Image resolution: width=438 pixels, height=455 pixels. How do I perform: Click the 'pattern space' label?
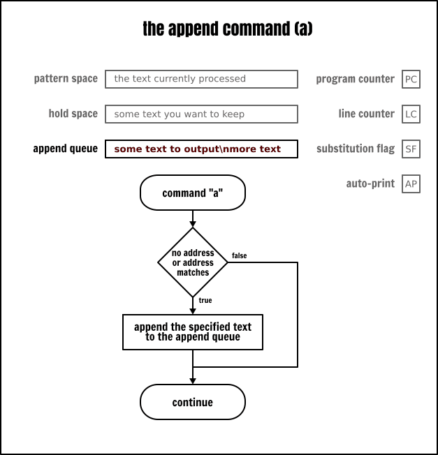tap(66, 79)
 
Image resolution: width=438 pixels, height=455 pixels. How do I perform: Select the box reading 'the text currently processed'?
tap(201, 79)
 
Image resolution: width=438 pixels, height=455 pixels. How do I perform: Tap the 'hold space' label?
tap(73, 114)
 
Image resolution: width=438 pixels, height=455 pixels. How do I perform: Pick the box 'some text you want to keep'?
tap(201, 114)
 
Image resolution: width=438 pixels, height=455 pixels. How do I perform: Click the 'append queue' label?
tap(65, 149)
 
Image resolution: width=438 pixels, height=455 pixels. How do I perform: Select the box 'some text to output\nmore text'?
tap(201, 149)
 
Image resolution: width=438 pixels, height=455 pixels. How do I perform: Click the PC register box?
tap(411, 79)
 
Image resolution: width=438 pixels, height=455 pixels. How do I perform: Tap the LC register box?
tap(411, 114)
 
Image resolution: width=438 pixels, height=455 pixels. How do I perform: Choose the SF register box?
tap(411, 149)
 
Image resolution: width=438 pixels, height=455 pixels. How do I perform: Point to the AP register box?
tap(411, 184)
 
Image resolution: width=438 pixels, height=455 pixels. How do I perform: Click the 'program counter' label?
tap(355, 79)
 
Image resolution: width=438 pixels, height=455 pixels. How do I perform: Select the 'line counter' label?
tap(366, 114)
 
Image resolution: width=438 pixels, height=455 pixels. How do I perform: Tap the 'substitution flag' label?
tap(355, 149)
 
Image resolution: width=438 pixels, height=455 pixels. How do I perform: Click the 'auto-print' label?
tap(370, 184)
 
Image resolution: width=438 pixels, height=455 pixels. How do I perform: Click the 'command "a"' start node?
tap(193, 193)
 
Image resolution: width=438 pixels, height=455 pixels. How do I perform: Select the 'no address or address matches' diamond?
tap(193, 262)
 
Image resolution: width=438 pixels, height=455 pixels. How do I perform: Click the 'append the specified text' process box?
tap(193, 331)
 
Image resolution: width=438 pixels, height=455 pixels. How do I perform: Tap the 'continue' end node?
tap(193, 402)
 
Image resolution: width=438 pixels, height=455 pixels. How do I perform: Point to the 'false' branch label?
tap(239, 256)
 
